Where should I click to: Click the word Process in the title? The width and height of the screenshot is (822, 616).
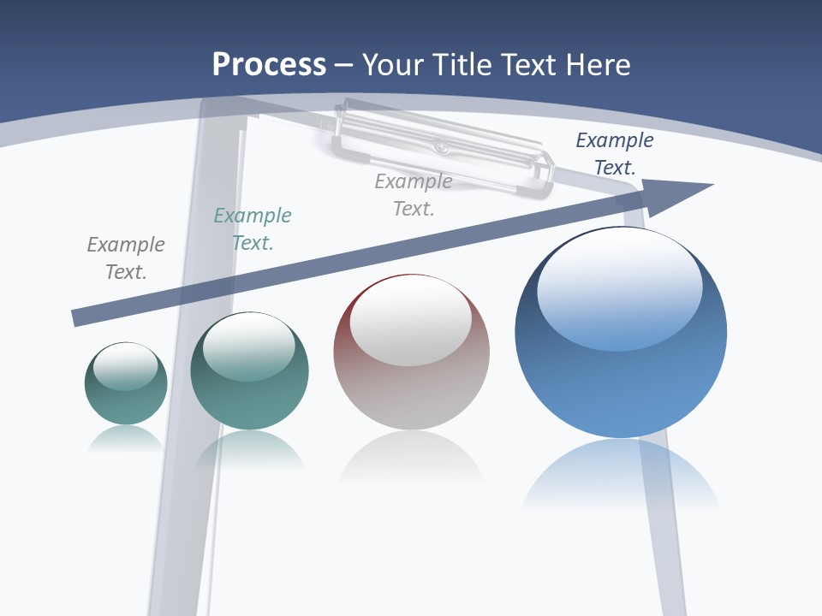pyautogui.click(x=269, y=65)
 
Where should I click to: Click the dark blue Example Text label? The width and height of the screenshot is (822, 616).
pyautogui.click(x=614, y=154)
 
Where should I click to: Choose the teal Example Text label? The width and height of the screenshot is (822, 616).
pyautogui.click(x=253, y=229)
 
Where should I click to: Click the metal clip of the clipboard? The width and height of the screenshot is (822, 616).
pyautogui.click(x=441, y=145)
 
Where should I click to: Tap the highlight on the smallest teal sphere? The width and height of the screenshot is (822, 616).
pyautogui.click(x=126, y=366)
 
